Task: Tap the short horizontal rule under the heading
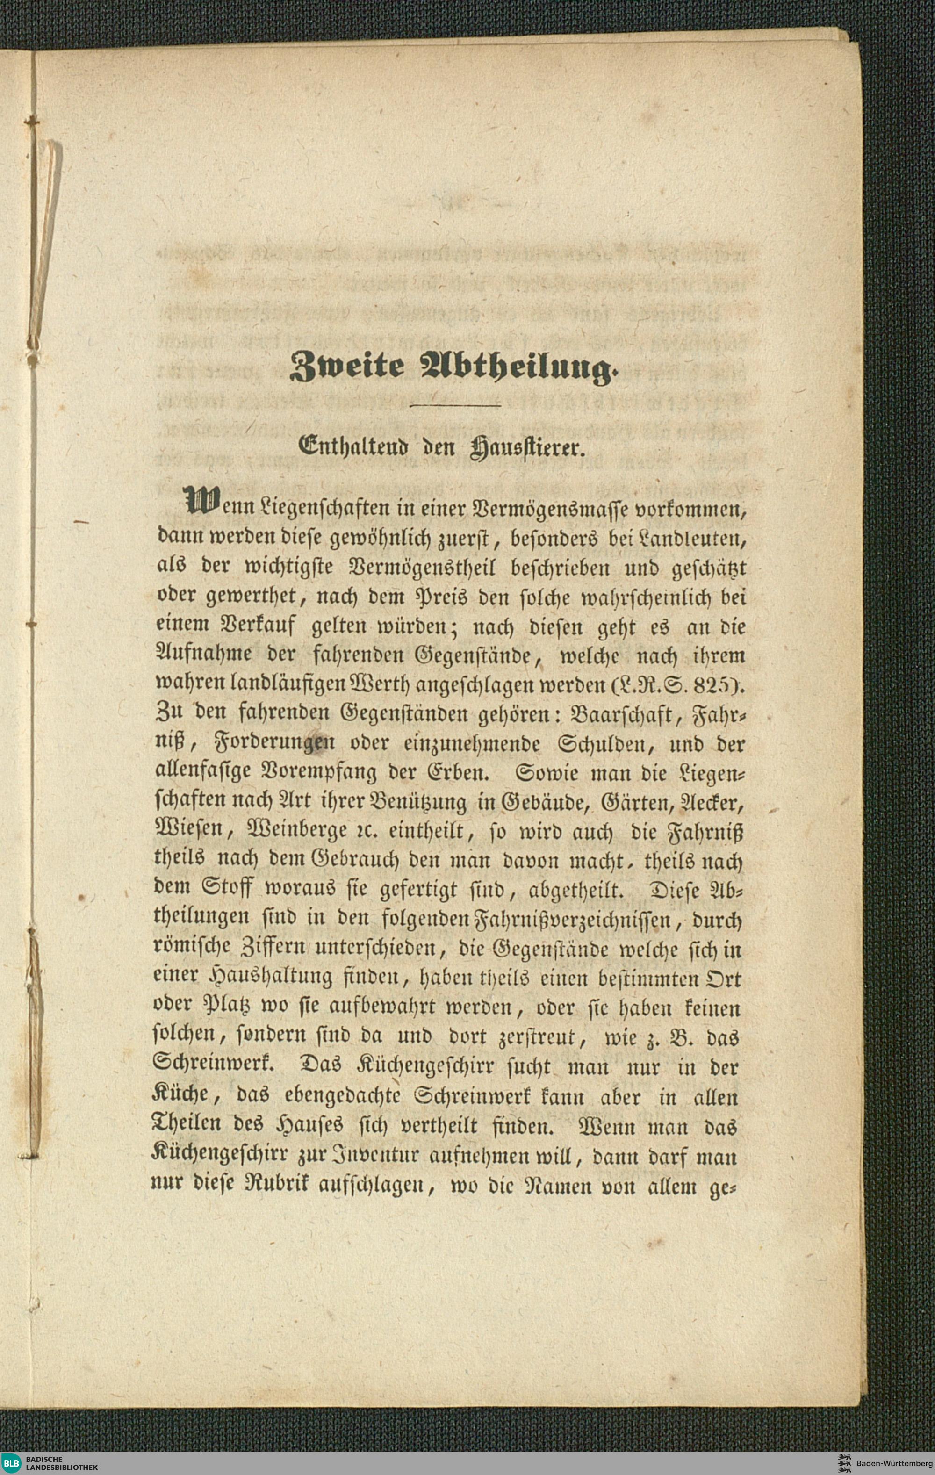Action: [455, 405]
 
